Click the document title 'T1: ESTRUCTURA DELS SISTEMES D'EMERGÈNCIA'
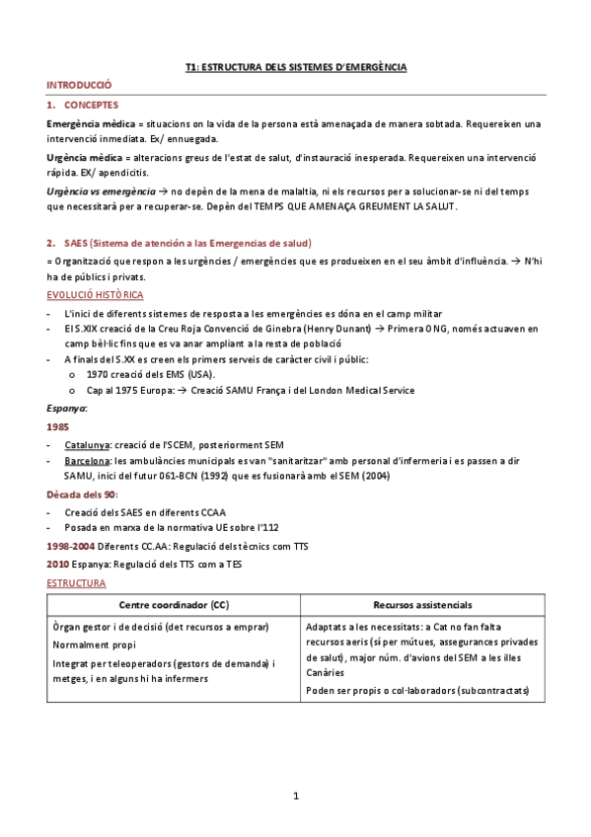point(296,67)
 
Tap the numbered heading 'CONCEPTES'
point(91,104)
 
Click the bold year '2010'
point(58,563)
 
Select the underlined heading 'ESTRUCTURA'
point(76,583)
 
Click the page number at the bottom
point(295,796)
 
